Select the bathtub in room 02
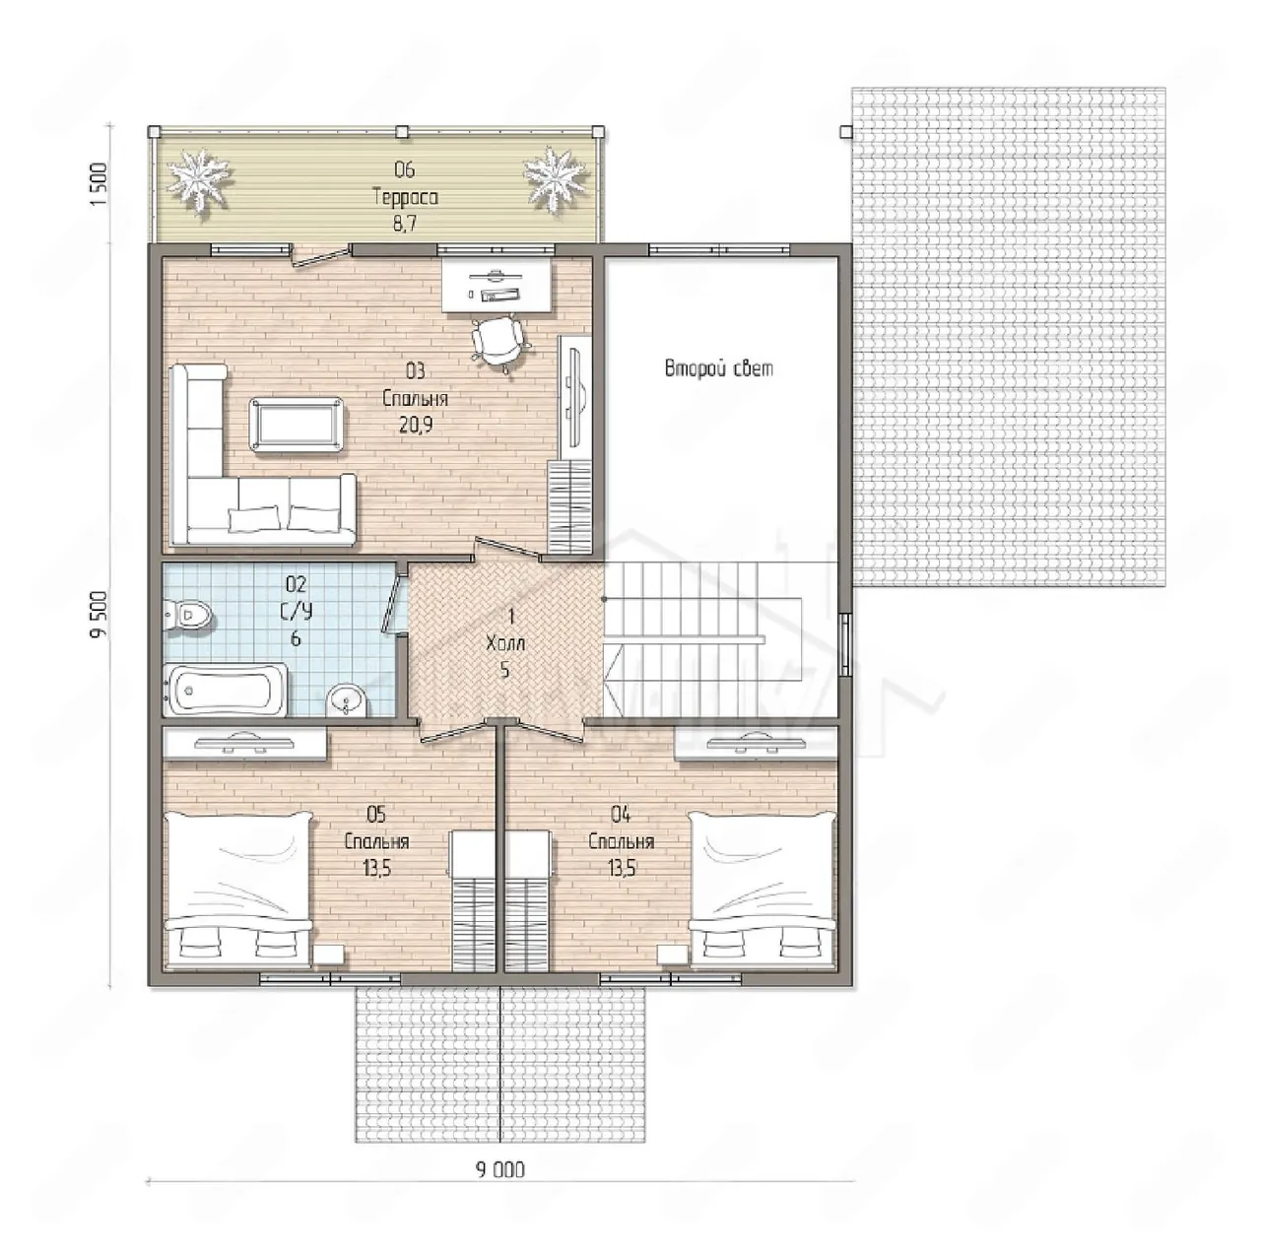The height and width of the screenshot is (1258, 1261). (x=226, y=690)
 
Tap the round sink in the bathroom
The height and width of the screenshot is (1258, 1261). (x=347, y=700)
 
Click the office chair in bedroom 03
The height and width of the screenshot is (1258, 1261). (x=498, y=342)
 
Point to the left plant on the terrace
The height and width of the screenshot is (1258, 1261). (x=199, y=179)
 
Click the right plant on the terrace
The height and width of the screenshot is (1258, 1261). (x=555, y=179)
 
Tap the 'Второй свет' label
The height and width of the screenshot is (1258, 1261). (x=718, y=368)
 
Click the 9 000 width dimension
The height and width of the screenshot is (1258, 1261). (x=500, y=1169)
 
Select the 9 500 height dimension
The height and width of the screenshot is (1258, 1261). (x=99, y=615)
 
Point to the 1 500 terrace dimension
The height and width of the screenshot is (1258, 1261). (x=99, y=185)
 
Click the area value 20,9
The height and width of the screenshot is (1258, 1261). (x=416, y=427)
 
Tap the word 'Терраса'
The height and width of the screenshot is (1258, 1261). (x=405, y=197)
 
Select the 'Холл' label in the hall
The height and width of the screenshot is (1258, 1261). (x=505, y=643)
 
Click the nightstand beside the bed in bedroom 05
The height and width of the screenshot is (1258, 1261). (x=329, y=954)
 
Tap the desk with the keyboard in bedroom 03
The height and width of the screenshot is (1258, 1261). (x=496, y=284)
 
